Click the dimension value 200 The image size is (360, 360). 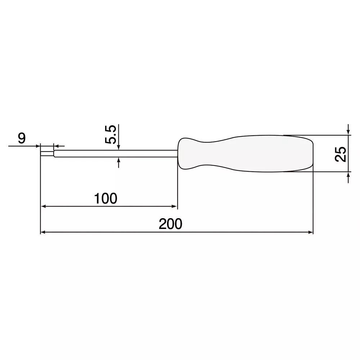coord(170,225)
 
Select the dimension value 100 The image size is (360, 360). coord(105,198)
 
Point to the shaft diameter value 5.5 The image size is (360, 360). coord(110,135)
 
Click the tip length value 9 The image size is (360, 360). coord(22,139)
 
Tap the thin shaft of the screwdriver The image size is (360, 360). coord(115,154)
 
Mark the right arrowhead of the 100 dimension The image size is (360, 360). coord(175,206)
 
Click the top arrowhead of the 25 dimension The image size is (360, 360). coord(348,132)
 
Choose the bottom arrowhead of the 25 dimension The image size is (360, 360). coord(348,175)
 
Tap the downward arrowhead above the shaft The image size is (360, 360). coord(118,147)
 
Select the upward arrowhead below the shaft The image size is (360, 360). coord(118,160)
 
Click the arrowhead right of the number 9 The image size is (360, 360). coord(37,146)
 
